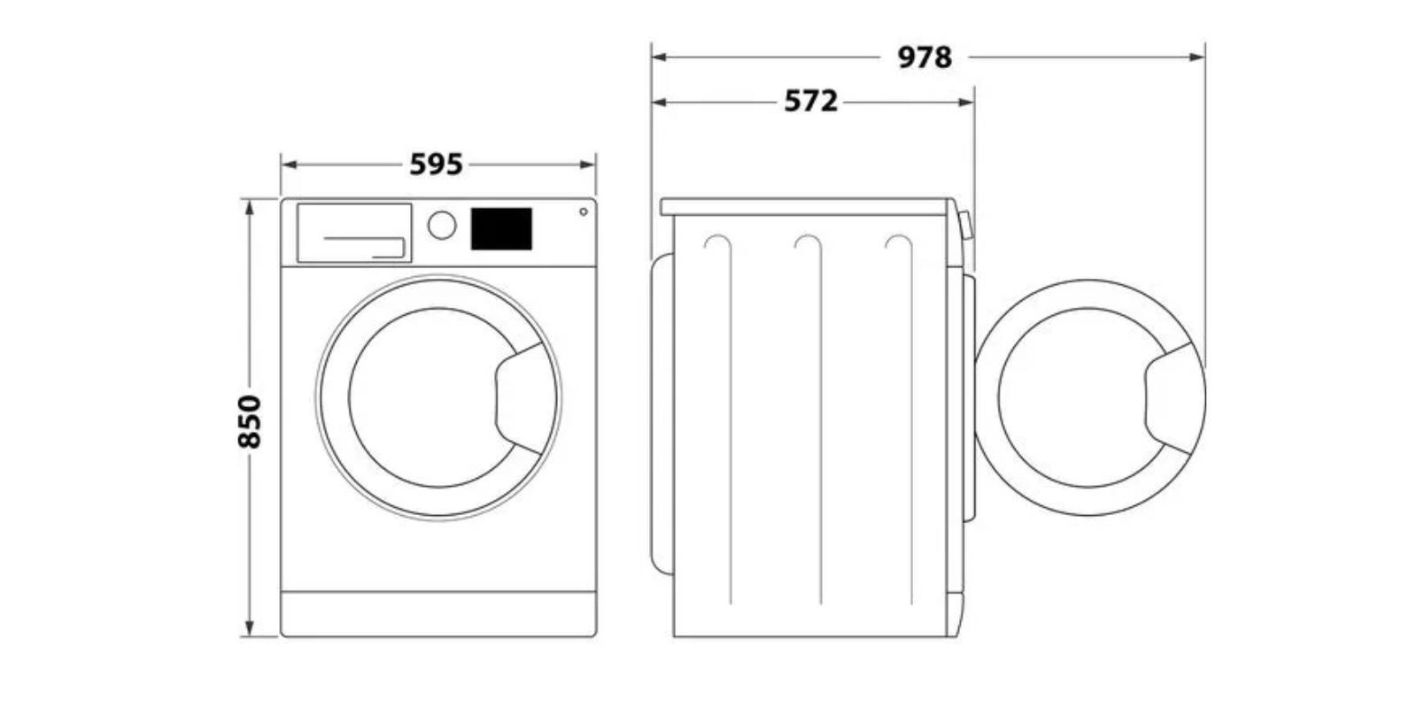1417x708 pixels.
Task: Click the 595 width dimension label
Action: pos(437,165)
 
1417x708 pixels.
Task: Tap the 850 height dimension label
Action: pos(249,421)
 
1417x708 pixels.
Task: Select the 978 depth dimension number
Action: pos(925,58)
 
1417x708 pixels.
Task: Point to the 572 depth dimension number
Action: pos(811,101)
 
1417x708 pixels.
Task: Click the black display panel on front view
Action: pos(501,228)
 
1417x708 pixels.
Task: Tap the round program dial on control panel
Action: pos(442,225)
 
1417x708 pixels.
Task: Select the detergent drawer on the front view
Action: pos(354,233)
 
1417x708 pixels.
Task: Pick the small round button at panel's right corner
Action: pos(584,212)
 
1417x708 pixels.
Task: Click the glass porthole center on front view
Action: pos(437,397)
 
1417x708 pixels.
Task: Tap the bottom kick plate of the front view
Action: pos(438,614)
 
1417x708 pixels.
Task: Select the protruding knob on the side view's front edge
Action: pos(966,226)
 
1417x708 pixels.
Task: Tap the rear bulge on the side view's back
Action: pos(662,414)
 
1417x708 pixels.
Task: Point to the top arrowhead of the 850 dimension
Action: pos(249,207)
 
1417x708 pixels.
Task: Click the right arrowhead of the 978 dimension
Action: pos(1196,58)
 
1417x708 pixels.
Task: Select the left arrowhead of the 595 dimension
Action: pos(290,165)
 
